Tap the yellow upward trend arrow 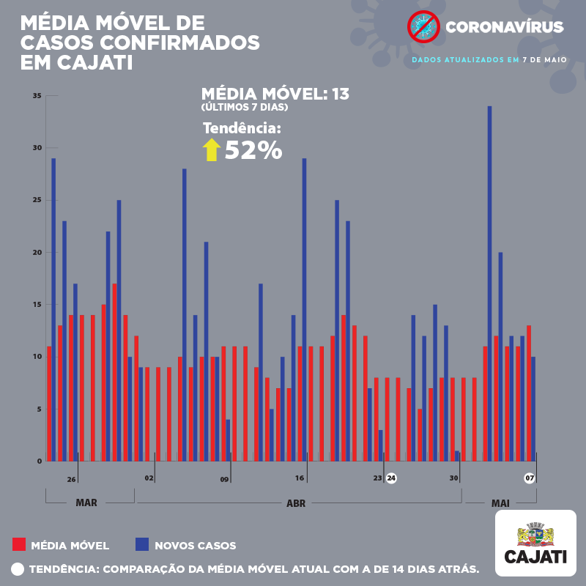pos(212,149)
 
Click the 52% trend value pos(253,150)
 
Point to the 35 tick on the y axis pos(37,96)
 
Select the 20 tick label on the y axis pos(37,253)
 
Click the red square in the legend pos(19,544)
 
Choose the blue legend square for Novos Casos pos(141,544)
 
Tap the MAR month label pos(86,503)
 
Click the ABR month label pos(296,503)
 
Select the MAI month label pos(500,503)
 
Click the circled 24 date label pos(392,478)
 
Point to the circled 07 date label pos(530,478)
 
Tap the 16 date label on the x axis pos(300,478)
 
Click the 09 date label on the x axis pos(224,480)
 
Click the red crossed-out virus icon pos(423,27)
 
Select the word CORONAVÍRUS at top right pos(505,28)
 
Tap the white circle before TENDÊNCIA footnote pos(18,568)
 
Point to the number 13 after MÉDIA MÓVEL pos(340,94)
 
